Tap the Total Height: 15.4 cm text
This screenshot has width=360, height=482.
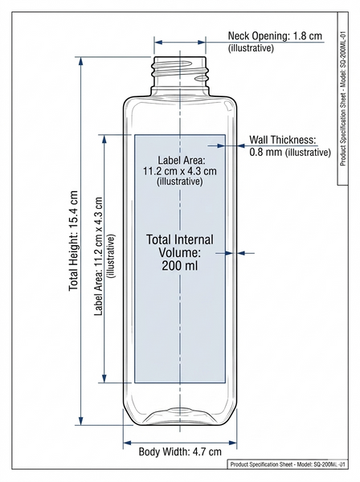click(73, 241)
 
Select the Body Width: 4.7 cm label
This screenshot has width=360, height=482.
click(180, 451)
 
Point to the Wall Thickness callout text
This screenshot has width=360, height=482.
click(289, 145)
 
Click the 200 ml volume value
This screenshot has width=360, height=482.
click(180, 266)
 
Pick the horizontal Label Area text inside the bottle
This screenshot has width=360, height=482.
click(180, 170)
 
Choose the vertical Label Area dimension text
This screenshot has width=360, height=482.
click(104, 256)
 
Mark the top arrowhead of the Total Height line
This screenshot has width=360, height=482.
click(81, 61)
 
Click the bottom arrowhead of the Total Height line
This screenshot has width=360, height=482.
click(81, 421)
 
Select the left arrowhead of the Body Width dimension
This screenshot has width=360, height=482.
click(127, 443)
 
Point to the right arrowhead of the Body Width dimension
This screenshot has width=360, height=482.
click(233, 443)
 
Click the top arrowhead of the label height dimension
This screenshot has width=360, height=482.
click(104, 139)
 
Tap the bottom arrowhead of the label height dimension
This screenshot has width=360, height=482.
click(104, 378)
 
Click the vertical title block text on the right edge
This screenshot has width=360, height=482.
click(343, 98)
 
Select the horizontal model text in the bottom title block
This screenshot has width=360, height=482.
click(288, 464)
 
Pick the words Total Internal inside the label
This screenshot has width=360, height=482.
click(180, 239)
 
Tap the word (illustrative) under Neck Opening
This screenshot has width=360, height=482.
click(251, 48)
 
